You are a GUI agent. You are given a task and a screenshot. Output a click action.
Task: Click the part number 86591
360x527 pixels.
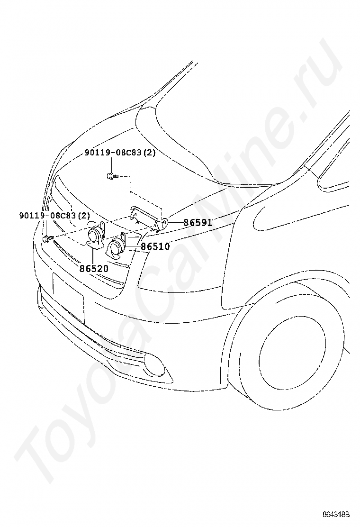(198, 222)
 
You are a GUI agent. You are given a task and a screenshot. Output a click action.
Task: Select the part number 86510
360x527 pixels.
(155, 246)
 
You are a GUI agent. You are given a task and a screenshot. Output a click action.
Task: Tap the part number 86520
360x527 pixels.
(93, 268)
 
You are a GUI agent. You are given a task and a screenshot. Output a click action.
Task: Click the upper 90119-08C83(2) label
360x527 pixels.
(120, 153)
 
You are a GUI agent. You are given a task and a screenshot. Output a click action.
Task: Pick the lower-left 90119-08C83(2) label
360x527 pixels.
(54, 215)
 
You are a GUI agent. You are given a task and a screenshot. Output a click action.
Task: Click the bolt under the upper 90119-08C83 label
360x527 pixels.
(111, 176)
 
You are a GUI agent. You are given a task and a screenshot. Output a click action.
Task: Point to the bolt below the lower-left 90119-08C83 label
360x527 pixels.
(46, 239)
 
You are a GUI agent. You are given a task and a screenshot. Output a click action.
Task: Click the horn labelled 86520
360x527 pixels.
(95, 235)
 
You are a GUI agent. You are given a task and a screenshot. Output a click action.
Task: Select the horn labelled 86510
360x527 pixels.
(117, 247)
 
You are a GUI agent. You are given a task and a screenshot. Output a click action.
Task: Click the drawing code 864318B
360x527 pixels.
(336, 514)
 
